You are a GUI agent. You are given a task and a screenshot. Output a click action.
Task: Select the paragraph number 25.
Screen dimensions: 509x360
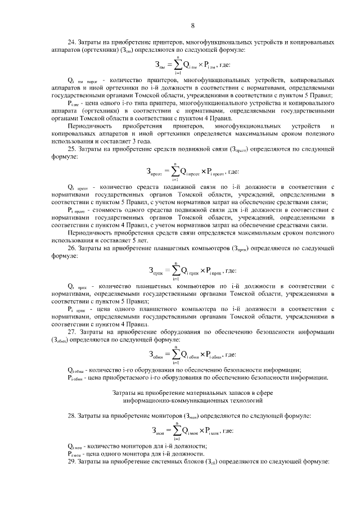point(71,148)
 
